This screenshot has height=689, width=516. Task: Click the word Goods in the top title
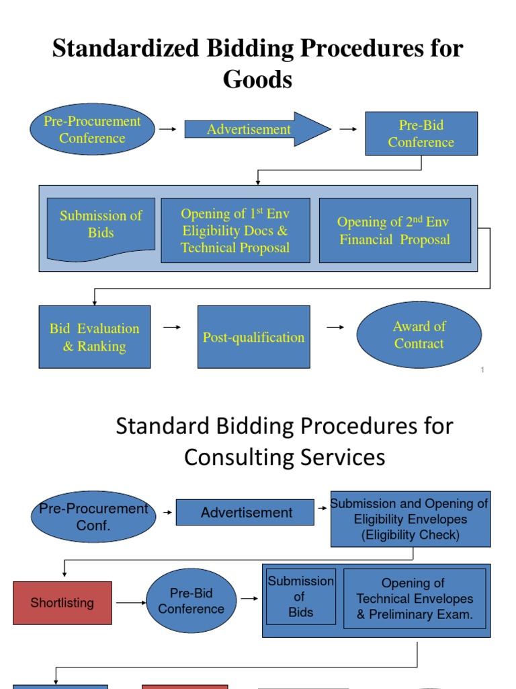[x=258, y=79]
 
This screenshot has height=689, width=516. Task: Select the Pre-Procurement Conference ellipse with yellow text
[x=92, y=129]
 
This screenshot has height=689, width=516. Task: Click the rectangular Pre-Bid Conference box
[x=421, y=133]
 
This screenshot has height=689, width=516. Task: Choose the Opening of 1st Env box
[x=235, y=230]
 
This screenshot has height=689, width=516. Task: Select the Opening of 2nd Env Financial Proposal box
[x=394, y=230]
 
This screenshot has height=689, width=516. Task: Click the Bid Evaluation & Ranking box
[x=94, y=337]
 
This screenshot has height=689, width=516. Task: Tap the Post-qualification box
[x=253, y=337]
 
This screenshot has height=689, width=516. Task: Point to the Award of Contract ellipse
[x=419, y=335]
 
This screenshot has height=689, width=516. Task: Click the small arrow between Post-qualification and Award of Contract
[x=335, y=328]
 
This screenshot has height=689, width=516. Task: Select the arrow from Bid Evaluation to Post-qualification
[x=173, y=328]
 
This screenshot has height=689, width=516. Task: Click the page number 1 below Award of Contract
[x=482, y=370]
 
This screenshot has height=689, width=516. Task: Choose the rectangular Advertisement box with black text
[x=245, y=513]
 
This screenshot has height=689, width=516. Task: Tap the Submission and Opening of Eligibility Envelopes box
[x=410, y=519]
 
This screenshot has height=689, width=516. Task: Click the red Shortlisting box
[x=62, y=603]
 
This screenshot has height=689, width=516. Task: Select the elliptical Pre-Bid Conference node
[x=191, y=601]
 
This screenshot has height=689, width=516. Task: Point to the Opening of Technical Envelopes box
[x=415, y=598]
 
